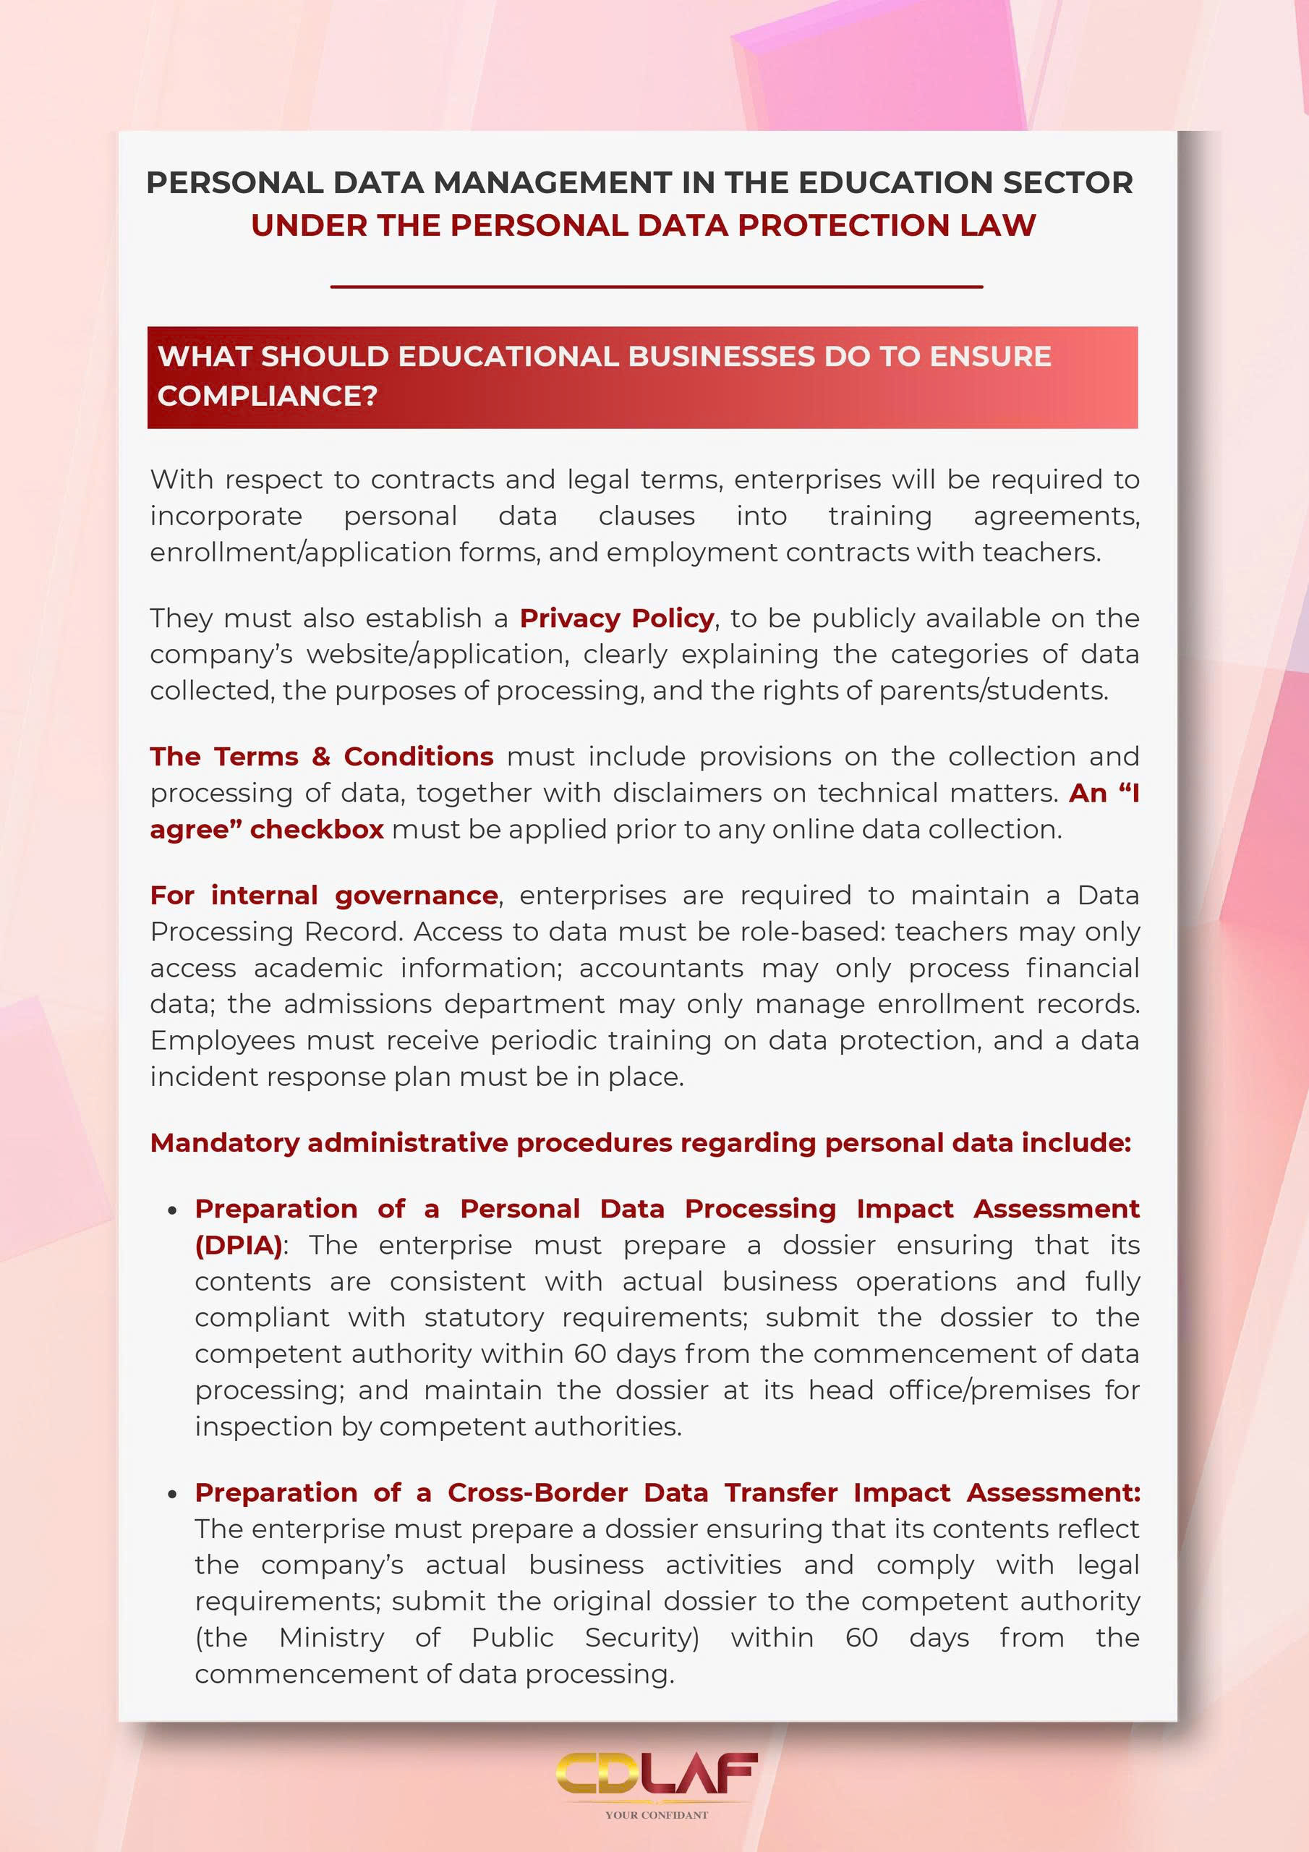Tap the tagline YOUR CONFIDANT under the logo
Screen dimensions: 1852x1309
point(657,1816)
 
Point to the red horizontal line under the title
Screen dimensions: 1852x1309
point(657,286)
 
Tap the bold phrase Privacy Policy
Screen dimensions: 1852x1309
point(616,619)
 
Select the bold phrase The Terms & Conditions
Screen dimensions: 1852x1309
point(321,757)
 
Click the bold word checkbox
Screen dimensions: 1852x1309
point(317,829)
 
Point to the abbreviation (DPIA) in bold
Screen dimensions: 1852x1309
point(239,1246)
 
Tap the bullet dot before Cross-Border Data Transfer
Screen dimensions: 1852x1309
point(172,1495)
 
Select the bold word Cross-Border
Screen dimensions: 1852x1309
point(537,1493)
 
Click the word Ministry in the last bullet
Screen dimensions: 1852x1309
point(331,1639)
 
